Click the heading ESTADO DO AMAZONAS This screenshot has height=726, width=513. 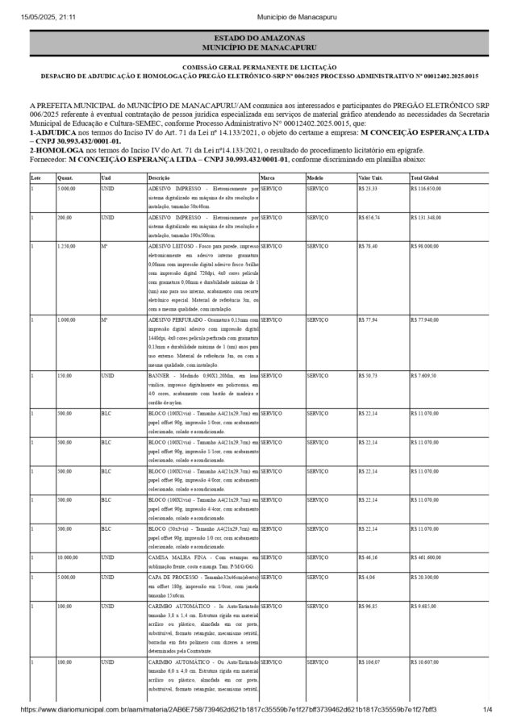256,39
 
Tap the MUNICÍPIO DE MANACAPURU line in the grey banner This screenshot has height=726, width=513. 256,48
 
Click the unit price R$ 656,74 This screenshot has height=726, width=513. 369,218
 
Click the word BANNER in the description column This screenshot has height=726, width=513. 159,376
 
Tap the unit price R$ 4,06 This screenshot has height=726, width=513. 366,578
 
